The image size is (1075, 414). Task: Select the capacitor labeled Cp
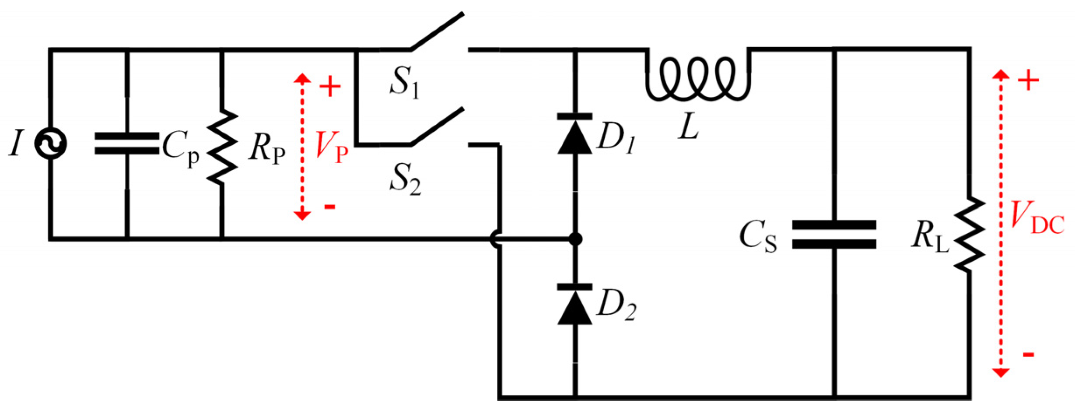tap(127, 144)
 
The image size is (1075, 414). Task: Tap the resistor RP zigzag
tap(222, 147)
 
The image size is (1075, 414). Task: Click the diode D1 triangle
tap(574, 138)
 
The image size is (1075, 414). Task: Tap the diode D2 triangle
tap(574, 309)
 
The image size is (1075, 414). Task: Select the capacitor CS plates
tap(834, 235)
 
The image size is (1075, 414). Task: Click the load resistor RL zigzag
tap(969, 234)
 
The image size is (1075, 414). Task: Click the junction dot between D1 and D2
tap(575, 239)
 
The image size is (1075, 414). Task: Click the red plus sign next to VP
tap(330, 87)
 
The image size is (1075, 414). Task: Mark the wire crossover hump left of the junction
tap(495, 239)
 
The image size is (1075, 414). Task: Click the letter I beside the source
tap(16, 144)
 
